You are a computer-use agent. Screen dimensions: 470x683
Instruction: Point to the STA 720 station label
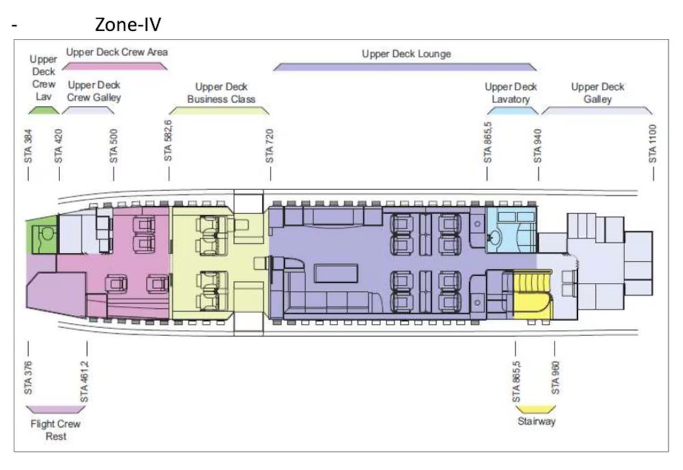(x=270, y=145)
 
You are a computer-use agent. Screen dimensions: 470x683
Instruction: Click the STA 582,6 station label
(x=169, y=141)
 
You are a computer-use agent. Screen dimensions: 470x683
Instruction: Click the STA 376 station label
(x=28, y=378)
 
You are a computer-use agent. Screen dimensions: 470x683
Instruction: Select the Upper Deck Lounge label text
(x=406, y=53)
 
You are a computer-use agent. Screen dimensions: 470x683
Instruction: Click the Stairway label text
(x=536, y=421)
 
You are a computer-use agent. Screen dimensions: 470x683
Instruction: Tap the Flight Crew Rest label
(x=55, y=430)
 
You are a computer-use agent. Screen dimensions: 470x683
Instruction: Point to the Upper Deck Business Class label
(x=221, y=93)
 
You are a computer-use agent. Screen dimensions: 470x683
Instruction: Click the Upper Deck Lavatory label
(x=510, y=93)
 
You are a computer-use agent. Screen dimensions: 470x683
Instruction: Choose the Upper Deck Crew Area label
(x=117, y=52)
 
